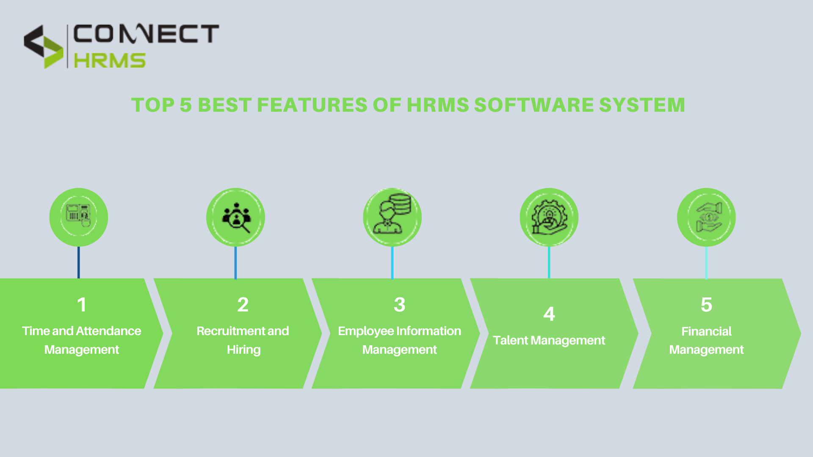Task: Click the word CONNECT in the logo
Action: click(x=146, y=34)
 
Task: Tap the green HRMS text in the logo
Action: click(x=110, y=61)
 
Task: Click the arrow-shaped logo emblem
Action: click(x=43, y=47)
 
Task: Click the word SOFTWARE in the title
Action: click(x=534, y=105)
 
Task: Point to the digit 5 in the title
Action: click(x=185, y=105)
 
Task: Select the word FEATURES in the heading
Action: click(x=312, y=105)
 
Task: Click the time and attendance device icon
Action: click(x=79, y=217)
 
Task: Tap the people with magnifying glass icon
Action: click(x=236, y=217)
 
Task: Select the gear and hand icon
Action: click(x=549, y=217)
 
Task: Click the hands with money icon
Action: click(x=706, y=217)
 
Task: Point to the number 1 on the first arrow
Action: click(x=82, y=305)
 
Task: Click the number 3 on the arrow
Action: click(x=399, y=305)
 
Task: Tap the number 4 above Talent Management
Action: click(x=549, y=314)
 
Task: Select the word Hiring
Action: click(x=243, y=350)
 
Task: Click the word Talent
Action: click(x=510, y=340)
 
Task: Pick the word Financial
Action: click(x=706, y=331)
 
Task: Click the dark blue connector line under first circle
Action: click(x=79, y=262)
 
